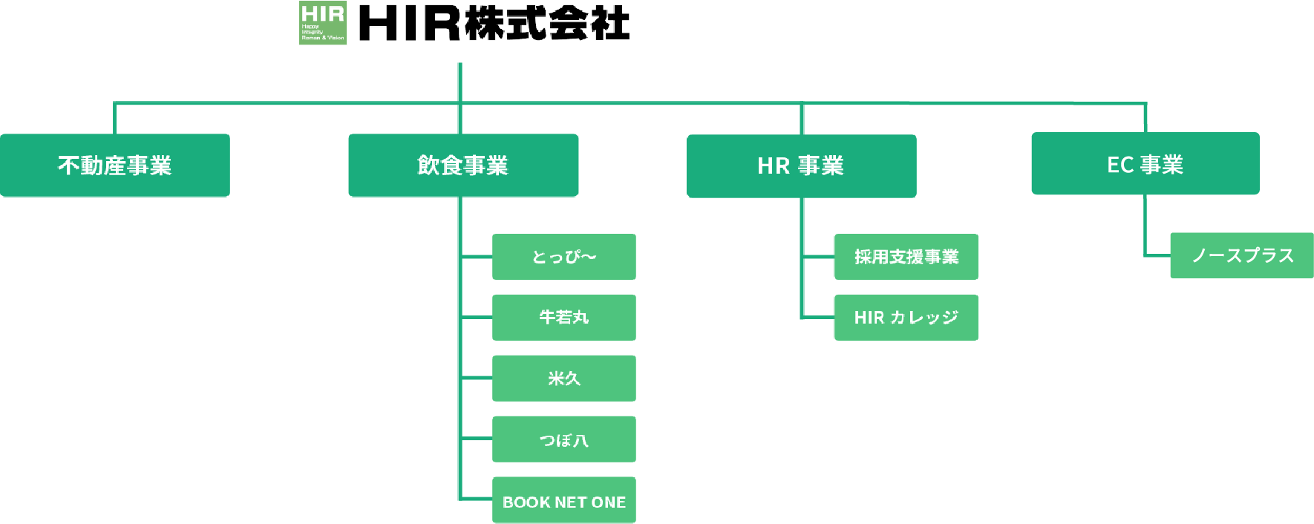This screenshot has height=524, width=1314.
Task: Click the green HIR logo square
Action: point(323,23)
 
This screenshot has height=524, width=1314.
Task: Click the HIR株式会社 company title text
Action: point(494,23)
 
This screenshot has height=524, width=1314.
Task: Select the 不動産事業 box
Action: point(115,166)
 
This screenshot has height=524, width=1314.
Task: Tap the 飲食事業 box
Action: point(463,166)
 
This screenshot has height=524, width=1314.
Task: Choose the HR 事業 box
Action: point(801,166)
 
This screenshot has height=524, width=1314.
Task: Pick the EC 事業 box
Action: point(1145,164)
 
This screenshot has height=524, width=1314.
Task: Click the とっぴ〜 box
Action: point(564,257)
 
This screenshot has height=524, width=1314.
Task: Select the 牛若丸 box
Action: point(564,318)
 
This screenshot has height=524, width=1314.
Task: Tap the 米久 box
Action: point(564,379)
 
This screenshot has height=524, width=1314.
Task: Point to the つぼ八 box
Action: point(564,439)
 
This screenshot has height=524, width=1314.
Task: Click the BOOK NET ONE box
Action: point(564,501)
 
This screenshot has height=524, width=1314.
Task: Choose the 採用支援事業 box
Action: point(906,257)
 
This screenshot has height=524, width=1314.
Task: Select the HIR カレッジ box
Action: point(906,318)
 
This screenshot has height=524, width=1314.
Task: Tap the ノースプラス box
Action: point(1242,255)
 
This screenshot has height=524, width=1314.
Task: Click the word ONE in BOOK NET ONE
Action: point(609,502)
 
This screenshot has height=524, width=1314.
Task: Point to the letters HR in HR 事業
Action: point(774,166)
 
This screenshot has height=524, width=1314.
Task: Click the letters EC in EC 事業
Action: point(1119,165)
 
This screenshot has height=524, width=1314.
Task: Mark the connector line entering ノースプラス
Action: point(1157,255)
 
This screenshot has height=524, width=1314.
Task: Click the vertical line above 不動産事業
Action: point(114,119)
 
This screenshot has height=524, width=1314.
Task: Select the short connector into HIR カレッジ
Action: point(818,318)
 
